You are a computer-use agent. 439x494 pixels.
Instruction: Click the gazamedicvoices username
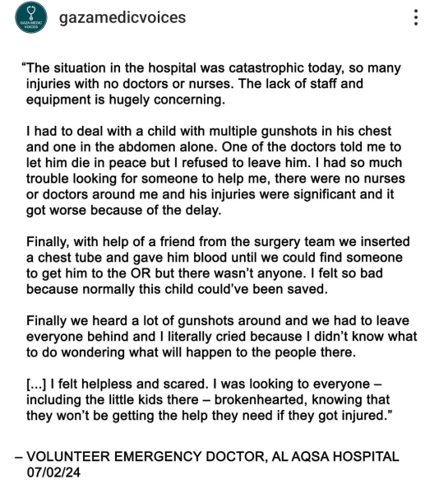click(122, 18)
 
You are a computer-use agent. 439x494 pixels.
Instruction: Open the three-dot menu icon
click(417, 18)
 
